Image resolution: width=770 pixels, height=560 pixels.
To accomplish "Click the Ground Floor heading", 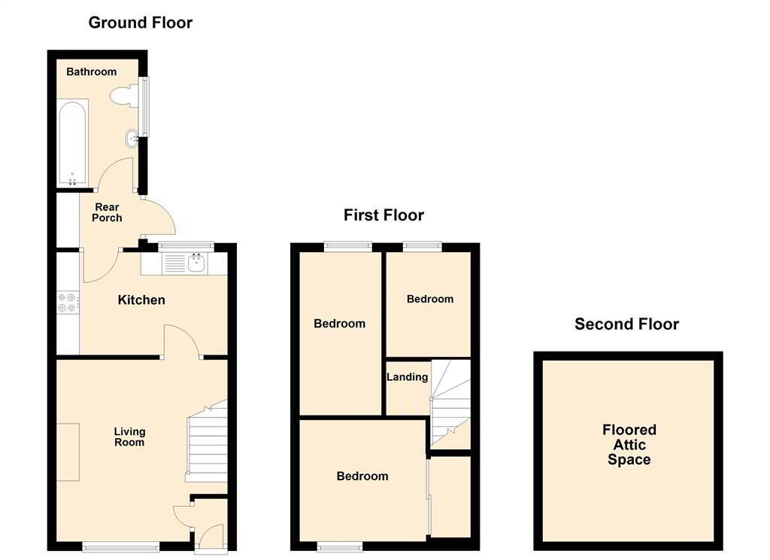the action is pos(141,23).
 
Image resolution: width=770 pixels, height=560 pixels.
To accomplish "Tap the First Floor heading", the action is pos(383,215).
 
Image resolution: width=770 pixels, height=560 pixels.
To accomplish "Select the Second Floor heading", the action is pos(626,324).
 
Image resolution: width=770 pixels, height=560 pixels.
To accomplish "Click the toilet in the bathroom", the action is pos(124,95).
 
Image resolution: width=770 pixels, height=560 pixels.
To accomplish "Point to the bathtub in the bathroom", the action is pos(73,142).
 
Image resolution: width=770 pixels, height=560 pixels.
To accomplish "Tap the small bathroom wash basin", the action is pos(132,138).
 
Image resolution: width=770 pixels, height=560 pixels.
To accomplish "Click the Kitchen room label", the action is pos(141,300).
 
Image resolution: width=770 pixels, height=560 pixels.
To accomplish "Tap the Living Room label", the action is pos(129,437).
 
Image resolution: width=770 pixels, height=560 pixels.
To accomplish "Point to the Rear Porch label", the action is pos(107,212).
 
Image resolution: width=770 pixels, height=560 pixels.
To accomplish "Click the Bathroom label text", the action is pos(91,72).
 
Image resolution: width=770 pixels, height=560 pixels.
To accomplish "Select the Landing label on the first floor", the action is pos(407,377).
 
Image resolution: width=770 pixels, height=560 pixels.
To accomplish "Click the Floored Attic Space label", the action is pos(629,444).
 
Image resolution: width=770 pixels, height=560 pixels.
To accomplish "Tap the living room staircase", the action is pos(207,441).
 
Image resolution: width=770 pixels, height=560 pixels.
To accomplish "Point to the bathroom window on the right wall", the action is pos(145,106).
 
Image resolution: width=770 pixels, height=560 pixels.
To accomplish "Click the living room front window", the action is pos(121,546).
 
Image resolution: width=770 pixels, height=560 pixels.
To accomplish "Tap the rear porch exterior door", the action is pos(159,216).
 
